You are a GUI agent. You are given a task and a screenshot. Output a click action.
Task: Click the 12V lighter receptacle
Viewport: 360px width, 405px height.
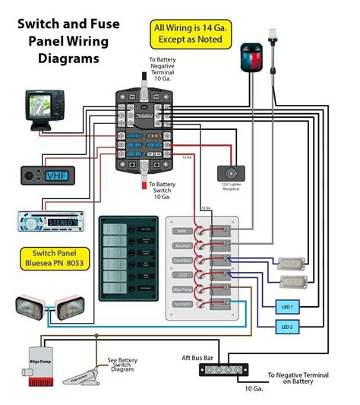pyautogui.click(x=230, y=174)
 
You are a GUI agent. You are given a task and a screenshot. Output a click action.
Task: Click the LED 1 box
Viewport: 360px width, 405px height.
pyautogui.click(x=287, y=306)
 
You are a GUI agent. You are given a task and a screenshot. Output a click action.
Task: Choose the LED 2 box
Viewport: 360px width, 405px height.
pyautogui.click(x=287, y=327)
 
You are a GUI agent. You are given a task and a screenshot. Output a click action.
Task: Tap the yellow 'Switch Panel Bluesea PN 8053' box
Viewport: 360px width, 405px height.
pyautogui.click(x=47, y=259)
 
